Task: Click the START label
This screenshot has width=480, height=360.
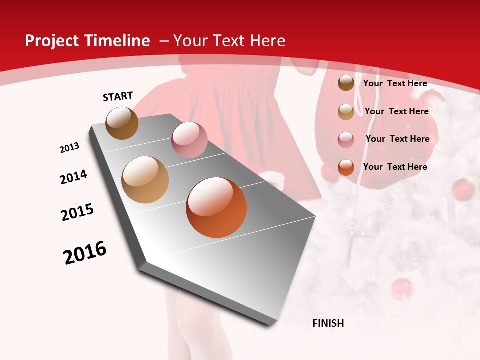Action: coord(118,96)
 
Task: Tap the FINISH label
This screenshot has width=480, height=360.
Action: coord(328,323)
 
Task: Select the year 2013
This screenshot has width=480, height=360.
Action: coord(69,148)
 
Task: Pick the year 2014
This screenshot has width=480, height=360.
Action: coord(73,177)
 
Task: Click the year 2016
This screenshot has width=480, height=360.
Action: coord(85,253)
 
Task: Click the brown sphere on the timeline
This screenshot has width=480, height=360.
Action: coord(122,123)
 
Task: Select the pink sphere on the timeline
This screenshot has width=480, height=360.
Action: coord(189,140)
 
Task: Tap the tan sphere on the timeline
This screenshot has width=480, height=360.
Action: coord(145,180)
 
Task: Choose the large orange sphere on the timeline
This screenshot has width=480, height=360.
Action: coord(216,207)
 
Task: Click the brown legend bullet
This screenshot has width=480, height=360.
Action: coord(346,83)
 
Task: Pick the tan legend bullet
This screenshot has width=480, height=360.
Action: coord(346,112)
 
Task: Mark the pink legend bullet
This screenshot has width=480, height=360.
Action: coord(346,140)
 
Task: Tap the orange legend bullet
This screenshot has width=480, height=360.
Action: coord(346,167)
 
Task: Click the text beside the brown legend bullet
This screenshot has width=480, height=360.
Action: coord(395,83)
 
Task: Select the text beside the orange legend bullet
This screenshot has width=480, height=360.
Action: coord(395,167)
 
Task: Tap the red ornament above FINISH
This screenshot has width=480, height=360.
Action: coord(401,289)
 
